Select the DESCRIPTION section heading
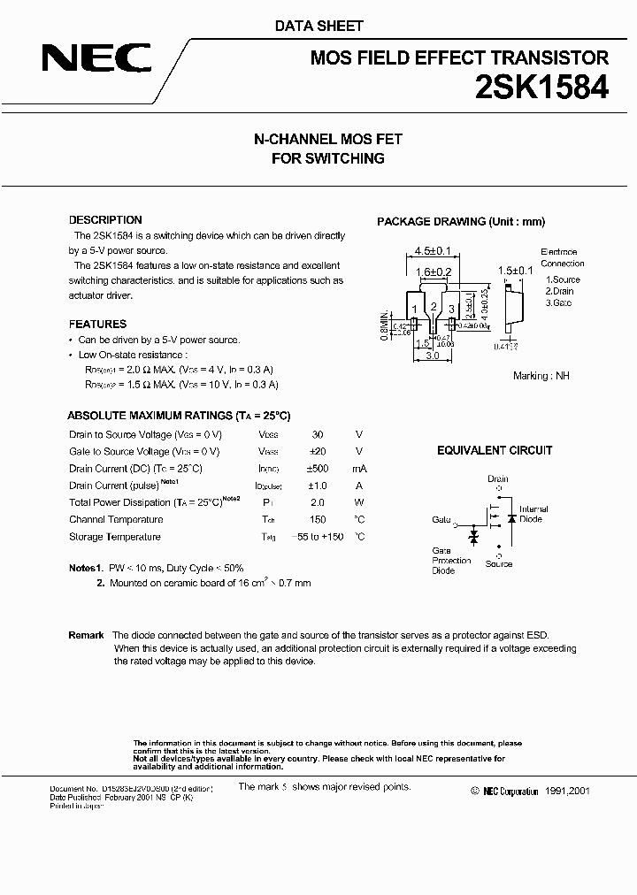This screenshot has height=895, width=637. [105, 220]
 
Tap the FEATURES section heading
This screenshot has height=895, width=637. [97, 324]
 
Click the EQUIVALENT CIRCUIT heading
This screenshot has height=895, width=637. [495, 450]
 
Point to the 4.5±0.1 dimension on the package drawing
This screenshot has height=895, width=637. [432, 251]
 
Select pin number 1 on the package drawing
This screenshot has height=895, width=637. [414, 309]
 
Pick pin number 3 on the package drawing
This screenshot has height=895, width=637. [451, 309]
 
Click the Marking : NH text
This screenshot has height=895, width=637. [541, 376]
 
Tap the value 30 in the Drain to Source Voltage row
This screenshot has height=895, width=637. [317, 434]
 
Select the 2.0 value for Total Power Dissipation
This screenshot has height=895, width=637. [317, 502]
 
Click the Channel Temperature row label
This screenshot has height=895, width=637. [116, 520]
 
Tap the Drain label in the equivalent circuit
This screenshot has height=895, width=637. [498, 479]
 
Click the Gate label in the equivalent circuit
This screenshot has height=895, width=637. [441, 521]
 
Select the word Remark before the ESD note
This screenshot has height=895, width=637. [86, 636]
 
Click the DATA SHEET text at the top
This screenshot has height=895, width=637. [318, 27]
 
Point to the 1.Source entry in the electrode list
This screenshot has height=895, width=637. [563, 279]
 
